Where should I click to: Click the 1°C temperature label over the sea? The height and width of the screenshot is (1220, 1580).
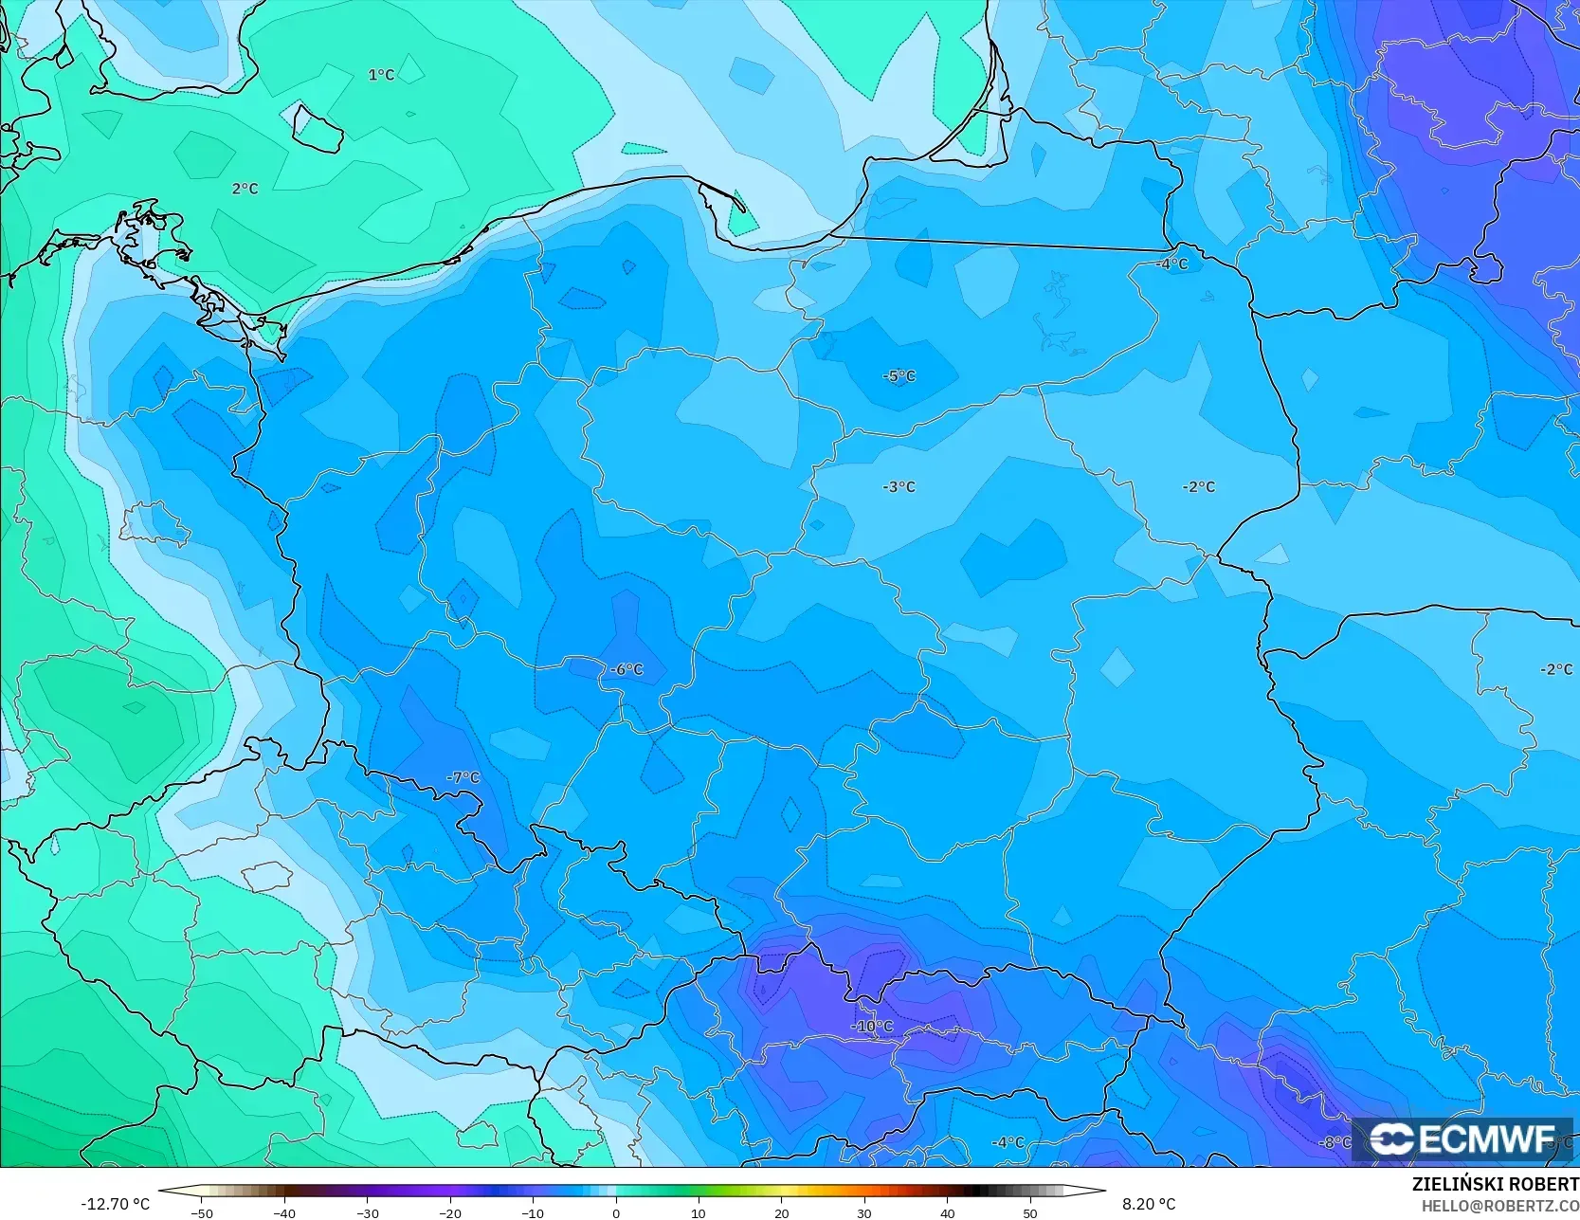(x=381, y=75)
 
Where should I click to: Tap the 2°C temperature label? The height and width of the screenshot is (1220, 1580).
(x=245, y=189)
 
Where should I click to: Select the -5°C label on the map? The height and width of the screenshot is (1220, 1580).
(x=899, y=376)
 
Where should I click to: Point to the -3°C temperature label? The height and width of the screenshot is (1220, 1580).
(x=899, y=486)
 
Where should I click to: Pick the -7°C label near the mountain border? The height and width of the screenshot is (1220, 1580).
(x=463, y=777)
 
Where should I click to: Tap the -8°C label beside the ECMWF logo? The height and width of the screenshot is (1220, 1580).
(x=1335, y=1142)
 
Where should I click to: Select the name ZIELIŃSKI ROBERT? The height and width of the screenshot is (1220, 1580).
(x=1495, y=1185)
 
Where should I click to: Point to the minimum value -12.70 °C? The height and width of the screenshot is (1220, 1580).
(x=115, y=1204)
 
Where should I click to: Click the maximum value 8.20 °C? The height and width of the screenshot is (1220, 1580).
(x=1149, y=1204)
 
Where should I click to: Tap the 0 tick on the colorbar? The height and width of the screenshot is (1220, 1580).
(x=616, y=1212)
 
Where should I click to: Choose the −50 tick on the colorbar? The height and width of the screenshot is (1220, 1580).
(x=201, y=1212)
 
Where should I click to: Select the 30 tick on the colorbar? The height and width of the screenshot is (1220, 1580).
(x=864, y=1212)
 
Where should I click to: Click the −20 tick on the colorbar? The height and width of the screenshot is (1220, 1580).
(x=449, y=1212)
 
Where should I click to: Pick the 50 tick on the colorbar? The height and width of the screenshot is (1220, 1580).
(x=1030, y=1212)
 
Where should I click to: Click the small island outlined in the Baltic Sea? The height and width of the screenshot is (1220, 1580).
(x=317, y=127)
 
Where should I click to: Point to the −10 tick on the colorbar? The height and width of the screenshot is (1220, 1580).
(x=533, y=1212)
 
